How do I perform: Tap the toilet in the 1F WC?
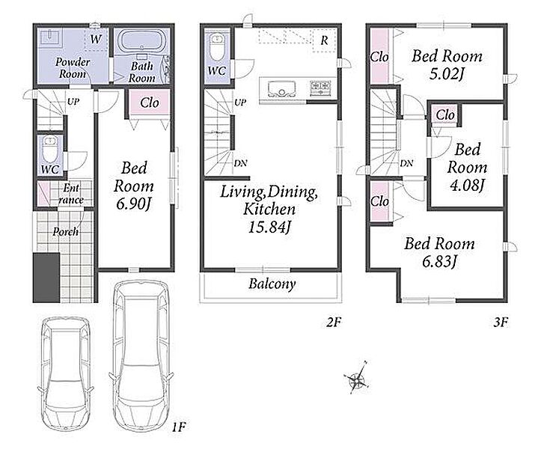[49, 149]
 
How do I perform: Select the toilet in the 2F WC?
[217, 47]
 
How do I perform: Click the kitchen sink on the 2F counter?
[281, 89]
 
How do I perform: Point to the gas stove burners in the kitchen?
[320, 88]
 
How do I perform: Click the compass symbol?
[357, 378]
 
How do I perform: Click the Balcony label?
[272, 284]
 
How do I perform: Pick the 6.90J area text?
[133, 204]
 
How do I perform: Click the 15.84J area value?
[269, 227]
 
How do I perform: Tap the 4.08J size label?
[467, 186]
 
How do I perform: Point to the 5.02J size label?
[447, 74]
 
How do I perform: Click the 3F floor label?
[501, 322]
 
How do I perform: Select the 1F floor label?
[179, 427]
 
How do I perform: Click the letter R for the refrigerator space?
[325, 40]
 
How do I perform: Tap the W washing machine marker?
[96, 39]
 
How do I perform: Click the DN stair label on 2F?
[240, 163]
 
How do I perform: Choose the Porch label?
[65, 231]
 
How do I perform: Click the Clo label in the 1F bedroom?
[150, 103]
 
